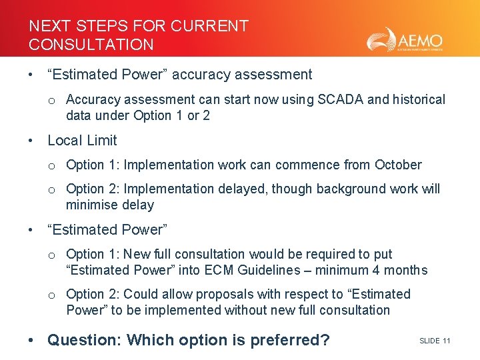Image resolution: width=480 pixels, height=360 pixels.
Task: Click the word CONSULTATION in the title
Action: tap(91, 45)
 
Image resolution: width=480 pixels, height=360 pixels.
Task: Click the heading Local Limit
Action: tap(82, 140)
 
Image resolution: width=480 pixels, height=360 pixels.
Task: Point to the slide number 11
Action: tap(446, 341)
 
